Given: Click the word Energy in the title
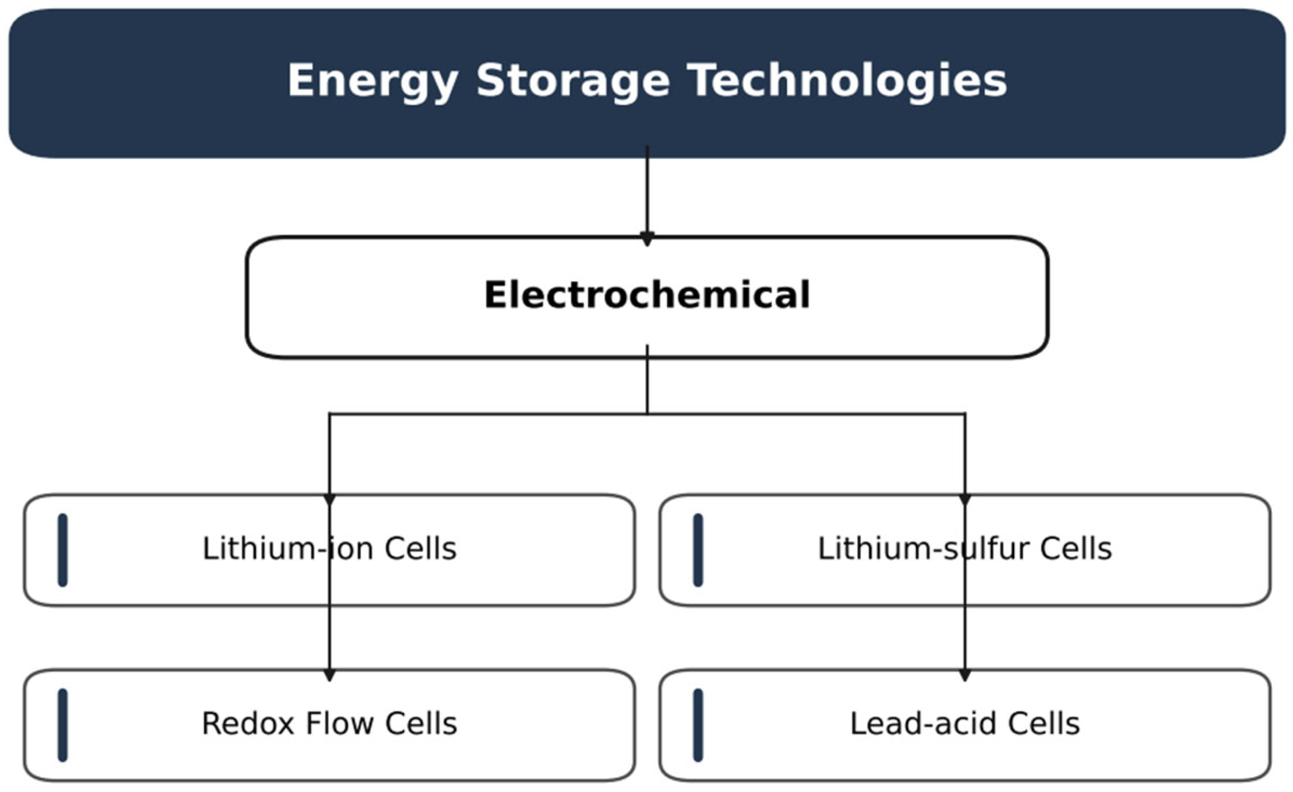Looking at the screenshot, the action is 373,82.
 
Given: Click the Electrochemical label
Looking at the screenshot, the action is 647,294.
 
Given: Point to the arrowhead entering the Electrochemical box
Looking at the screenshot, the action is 647,239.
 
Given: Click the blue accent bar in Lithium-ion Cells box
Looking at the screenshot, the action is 63,550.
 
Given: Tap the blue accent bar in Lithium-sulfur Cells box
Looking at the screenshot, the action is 698,550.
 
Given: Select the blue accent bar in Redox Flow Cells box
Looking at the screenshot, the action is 63,725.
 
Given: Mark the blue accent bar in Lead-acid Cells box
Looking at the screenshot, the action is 698,725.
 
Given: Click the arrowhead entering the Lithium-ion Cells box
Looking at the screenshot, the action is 329,500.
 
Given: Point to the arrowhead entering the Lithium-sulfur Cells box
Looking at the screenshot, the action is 965,500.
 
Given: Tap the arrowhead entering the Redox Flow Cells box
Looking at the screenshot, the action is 329,675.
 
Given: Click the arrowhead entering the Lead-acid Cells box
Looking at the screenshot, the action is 965,675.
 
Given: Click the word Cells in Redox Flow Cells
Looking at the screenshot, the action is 421,723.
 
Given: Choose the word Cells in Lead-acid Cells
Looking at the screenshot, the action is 1043,723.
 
